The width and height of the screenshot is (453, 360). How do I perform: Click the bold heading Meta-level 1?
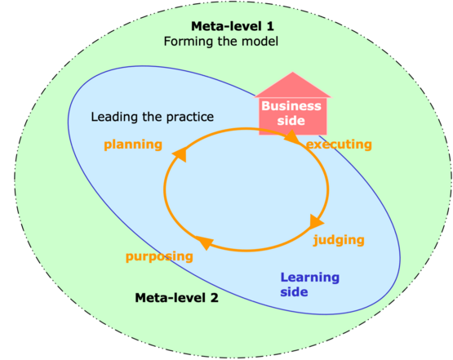click(233, 26)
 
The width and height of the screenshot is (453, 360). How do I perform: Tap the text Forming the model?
click(221, 42)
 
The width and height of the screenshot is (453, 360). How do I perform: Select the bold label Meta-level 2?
click(176, 298)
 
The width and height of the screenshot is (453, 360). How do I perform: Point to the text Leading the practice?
click(153, 117)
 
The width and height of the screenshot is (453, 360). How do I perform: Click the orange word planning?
click(133, 144)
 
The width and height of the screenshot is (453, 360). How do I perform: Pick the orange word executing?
click(339, 144)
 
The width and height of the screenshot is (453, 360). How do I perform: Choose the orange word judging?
click(339, 240)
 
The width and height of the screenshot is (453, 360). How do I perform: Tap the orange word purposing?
click(159, 256)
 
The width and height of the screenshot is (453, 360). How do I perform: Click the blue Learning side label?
click(309, 285)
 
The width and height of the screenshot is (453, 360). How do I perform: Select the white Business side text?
click(291, 113)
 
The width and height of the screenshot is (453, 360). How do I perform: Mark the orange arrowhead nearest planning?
click(180, 154)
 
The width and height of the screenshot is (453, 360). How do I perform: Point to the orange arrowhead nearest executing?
click(292, 137)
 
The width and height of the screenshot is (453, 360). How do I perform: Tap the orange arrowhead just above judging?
click(316, 221)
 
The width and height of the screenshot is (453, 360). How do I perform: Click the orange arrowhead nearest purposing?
click(205, 242)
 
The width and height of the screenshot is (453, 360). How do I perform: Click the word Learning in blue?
click(309, 278)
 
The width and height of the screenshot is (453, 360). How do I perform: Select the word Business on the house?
click(291, 106)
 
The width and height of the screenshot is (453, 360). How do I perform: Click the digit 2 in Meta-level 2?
click(214, 298)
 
